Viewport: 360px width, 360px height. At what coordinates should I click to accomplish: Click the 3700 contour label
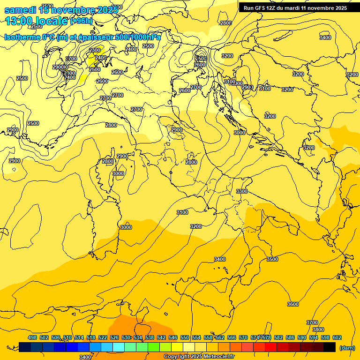pyautogui.click(x=312, y=322)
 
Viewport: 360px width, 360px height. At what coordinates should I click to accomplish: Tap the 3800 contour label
pyautogui.click(x=318, y=330)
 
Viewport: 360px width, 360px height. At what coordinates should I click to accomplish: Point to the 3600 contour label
pyautogui.click(x=292, y=304)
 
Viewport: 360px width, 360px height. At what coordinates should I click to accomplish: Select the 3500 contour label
pyautogui.click(x=272, y=259)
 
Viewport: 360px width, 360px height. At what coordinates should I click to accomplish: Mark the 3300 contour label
pyautogui.click(x=242, y=191)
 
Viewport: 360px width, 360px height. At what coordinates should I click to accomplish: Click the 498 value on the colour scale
pyautogui.click(x=32, y=337)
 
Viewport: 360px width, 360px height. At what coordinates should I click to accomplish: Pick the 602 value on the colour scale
pyautogui.click(x=337, y=337)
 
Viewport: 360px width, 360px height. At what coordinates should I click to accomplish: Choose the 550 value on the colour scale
pyautogui.click(x=185, y=337)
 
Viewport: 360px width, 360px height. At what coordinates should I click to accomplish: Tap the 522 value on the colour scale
pyautogui.click(x=103, y=337)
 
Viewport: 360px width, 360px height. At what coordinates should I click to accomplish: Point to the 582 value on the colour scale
pyautogui.click(x=278, y=337)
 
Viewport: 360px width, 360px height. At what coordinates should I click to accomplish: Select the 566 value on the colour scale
pyautogui.click(x=232, y=337)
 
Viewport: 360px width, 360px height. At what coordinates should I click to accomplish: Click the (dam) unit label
pyautogui.click(x=347, y=348)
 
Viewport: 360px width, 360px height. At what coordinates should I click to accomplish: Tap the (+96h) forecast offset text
pyautogui.click(x=82, y=21)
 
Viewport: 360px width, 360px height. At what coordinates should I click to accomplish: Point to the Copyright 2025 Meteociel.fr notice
pyautogui.click(x=199, y=357)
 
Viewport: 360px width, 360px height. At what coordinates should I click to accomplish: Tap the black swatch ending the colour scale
pyautogui.click(x=330, y=347)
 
